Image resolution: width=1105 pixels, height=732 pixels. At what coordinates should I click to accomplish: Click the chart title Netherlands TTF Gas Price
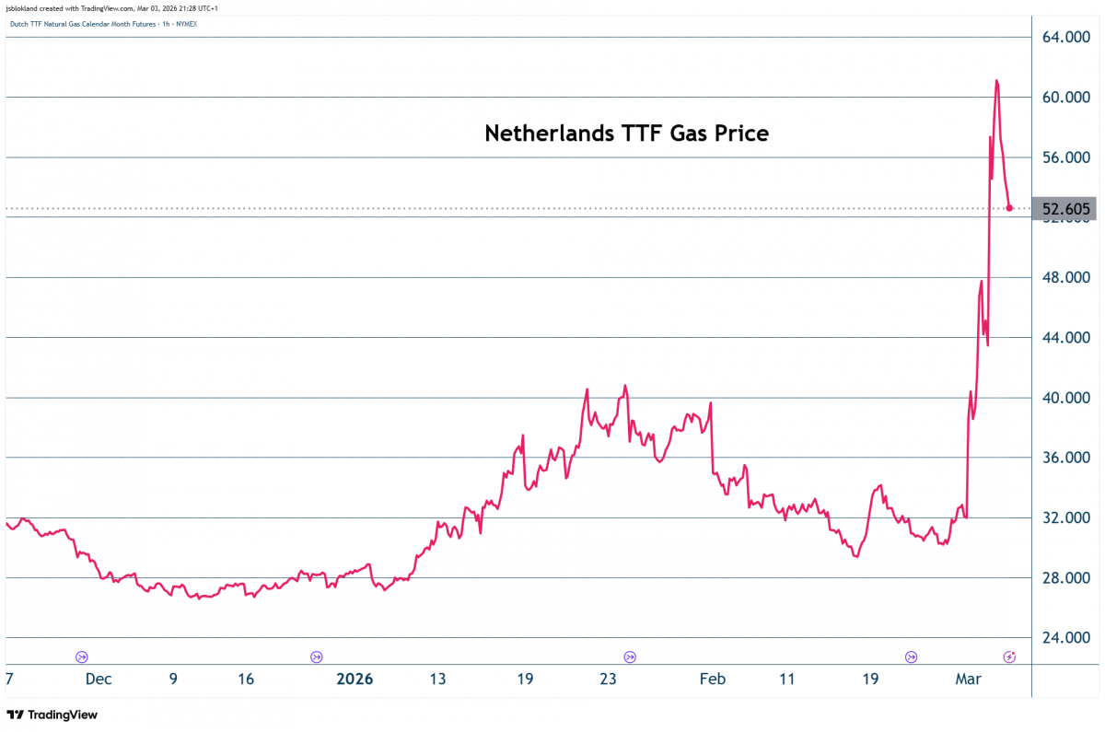[626, 134]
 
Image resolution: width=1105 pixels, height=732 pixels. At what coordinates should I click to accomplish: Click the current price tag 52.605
[1065, 209]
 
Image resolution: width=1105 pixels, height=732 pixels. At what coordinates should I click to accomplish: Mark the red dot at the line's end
[1010, 209]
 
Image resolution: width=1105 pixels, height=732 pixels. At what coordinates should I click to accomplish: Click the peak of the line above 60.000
[996, 81]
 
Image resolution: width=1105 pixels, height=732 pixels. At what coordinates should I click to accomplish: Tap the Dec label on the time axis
[99, 680]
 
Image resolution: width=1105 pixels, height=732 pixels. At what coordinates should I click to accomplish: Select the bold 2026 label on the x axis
[355, 680]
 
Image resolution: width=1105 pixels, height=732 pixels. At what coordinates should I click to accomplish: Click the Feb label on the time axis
[712, 680]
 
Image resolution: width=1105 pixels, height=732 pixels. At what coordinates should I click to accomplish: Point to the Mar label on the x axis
[968, 680]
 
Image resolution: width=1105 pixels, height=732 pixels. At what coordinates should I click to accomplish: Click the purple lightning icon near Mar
[1009, 656]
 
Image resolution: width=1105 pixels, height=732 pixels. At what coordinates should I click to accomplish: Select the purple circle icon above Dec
[82, 656]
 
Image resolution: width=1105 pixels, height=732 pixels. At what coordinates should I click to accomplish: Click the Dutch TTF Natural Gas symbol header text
[103, 23]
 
